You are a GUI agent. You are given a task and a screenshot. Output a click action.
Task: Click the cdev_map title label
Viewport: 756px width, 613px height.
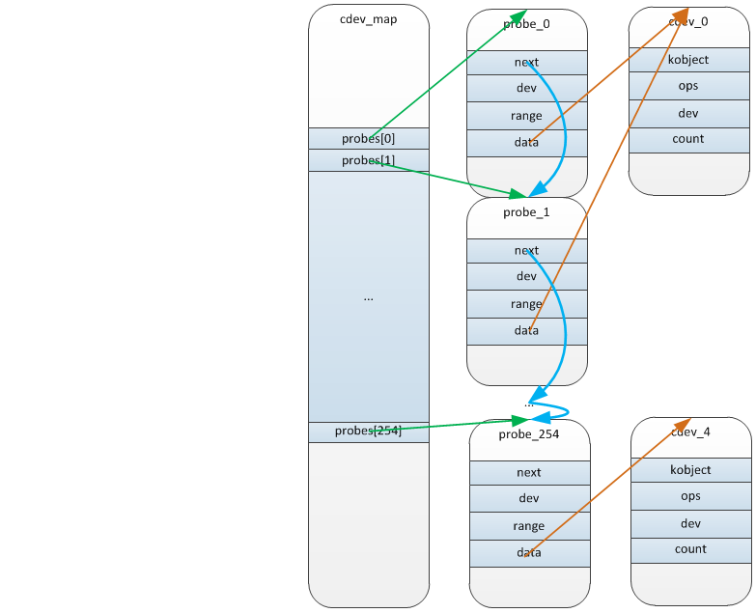click(369, 19)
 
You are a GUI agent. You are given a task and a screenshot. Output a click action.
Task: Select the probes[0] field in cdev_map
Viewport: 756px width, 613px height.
click(369, 138)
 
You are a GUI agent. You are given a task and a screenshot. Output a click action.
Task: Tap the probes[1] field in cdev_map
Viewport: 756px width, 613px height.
click(369, 160)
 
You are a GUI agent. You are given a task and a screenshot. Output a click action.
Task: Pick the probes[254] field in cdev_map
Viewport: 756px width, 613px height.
click(369, 432)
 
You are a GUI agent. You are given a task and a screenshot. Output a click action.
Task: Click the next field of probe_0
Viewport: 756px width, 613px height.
click(526, 63)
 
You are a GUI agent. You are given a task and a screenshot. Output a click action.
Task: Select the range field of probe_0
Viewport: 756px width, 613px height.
click(526, 116)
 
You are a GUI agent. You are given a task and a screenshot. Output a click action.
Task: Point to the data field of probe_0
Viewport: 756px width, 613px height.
click(526, 143)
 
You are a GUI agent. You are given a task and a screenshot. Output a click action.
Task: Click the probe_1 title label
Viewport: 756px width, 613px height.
click(526, 212)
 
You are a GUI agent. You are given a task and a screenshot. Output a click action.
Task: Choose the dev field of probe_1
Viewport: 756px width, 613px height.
click(526, 276)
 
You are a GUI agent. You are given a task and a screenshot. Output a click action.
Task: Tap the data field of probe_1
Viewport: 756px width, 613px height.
click(526, 331)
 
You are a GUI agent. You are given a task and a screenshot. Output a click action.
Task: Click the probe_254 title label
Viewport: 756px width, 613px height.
click(529, 434)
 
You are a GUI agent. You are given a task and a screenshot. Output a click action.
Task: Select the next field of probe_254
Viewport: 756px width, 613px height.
click(529, 473)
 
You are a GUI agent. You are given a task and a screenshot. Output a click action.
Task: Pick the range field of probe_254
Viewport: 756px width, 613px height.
click(529, 526)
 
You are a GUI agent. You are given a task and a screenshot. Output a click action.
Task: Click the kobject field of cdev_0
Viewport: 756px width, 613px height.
click(688, 60)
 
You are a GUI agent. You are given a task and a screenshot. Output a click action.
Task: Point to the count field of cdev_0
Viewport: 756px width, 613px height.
click(688, 139)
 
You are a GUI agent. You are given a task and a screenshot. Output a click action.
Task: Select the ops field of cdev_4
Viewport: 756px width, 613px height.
click(691, 496)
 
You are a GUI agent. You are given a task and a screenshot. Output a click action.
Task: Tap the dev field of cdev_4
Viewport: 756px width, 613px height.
click(691, 524)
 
